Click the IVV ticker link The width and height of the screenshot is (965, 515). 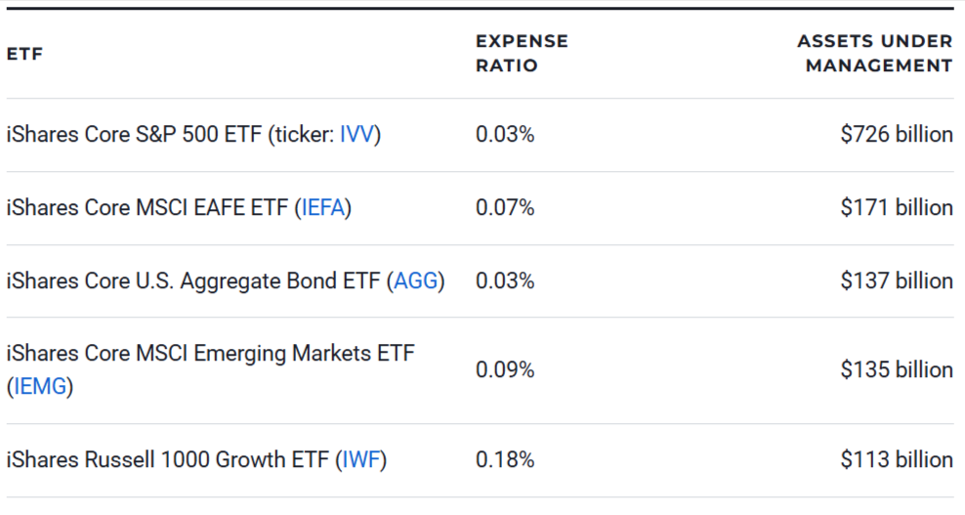click(357, 135)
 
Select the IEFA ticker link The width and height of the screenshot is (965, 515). click(323, 208)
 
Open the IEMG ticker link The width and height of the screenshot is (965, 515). click(40, 387)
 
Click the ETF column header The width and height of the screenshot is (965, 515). click(24, 55)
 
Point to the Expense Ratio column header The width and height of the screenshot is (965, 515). click(522, 54)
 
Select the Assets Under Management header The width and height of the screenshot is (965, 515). click(874, 54)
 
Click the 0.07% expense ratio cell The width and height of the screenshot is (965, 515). click(505, 208)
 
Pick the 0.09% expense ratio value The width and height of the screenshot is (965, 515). click(505, 370)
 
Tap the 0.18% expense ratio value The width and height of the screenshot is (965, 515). click(505, 459)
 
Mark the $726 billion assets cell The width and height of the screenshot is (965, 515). click(896, 135)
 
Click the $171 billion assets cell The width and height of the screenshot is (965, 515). click(896, 208)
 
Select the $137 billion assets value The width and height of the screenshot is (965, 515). click(896, 281)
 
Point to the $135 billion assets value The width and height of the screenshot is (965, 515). click(896, 370)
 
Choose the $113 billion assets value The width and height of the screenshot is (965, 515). click(896, 459)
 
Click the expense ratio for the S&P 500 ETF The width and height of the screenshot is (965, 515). click(505, 135)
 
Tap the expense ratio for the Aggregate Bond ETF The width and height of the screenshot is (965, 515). click(505, 281)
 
